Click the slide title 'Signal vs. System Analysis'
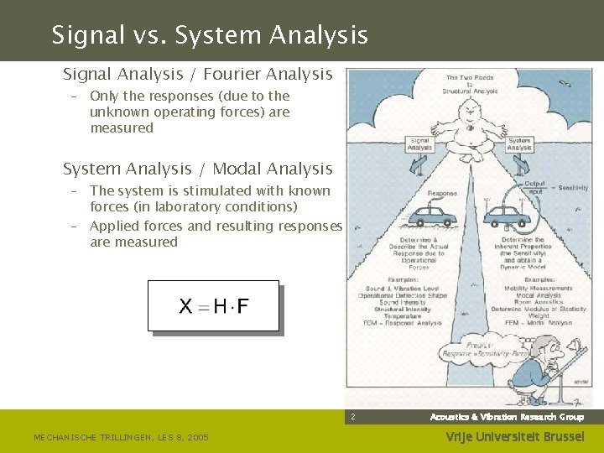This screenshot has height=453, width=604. (210, 35)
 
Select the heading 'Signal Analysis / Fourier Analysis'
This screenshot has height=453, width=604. (198, 75)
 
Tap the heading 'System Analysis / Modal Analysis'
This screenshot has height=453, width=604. (198, 169)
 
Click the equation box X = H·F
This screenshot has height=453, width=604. (213, 305)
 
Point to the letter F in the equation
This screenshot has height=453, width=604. (242, 306)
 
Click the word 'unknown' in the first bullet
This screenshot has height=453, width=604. (116, 112)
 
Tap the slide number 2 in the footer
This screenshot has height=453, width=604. (353, 417)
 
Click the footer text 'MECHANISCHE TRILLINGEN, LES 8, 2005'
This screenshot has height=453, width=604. (122, 437)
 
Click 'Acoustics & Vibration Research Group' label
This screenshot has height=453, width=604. (507, 417)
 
